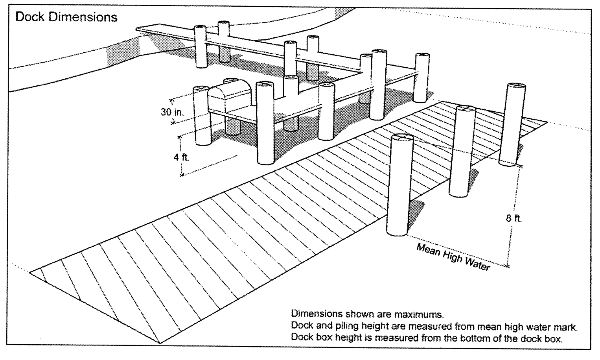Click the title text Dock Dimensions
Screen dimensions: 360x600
pyautogui.click(x=66, y=17)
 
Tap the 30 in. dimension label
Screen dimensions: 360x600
pyautogui.click(x=172, y=112)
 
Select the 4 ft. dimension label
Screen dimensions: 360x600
pyautogui.click(x=181, y=157)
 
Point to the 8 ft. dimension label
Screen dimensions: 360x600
pyautogui.click(x=514, y=218)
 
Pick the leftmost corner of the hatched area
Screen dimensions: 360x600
pyautogui.click(x=31, y=271)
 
